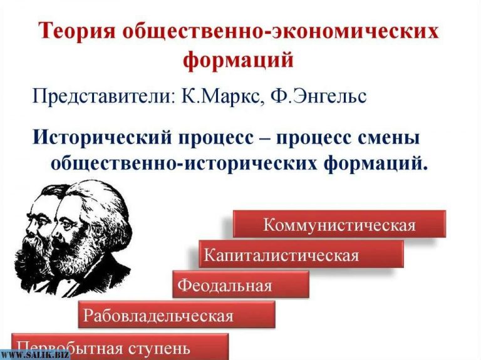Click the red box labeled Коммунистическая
(339, 224)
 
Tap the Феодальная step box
(241, 285)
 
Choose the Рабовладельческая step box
(176, 314)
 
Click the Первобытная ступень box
(119, 346)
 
